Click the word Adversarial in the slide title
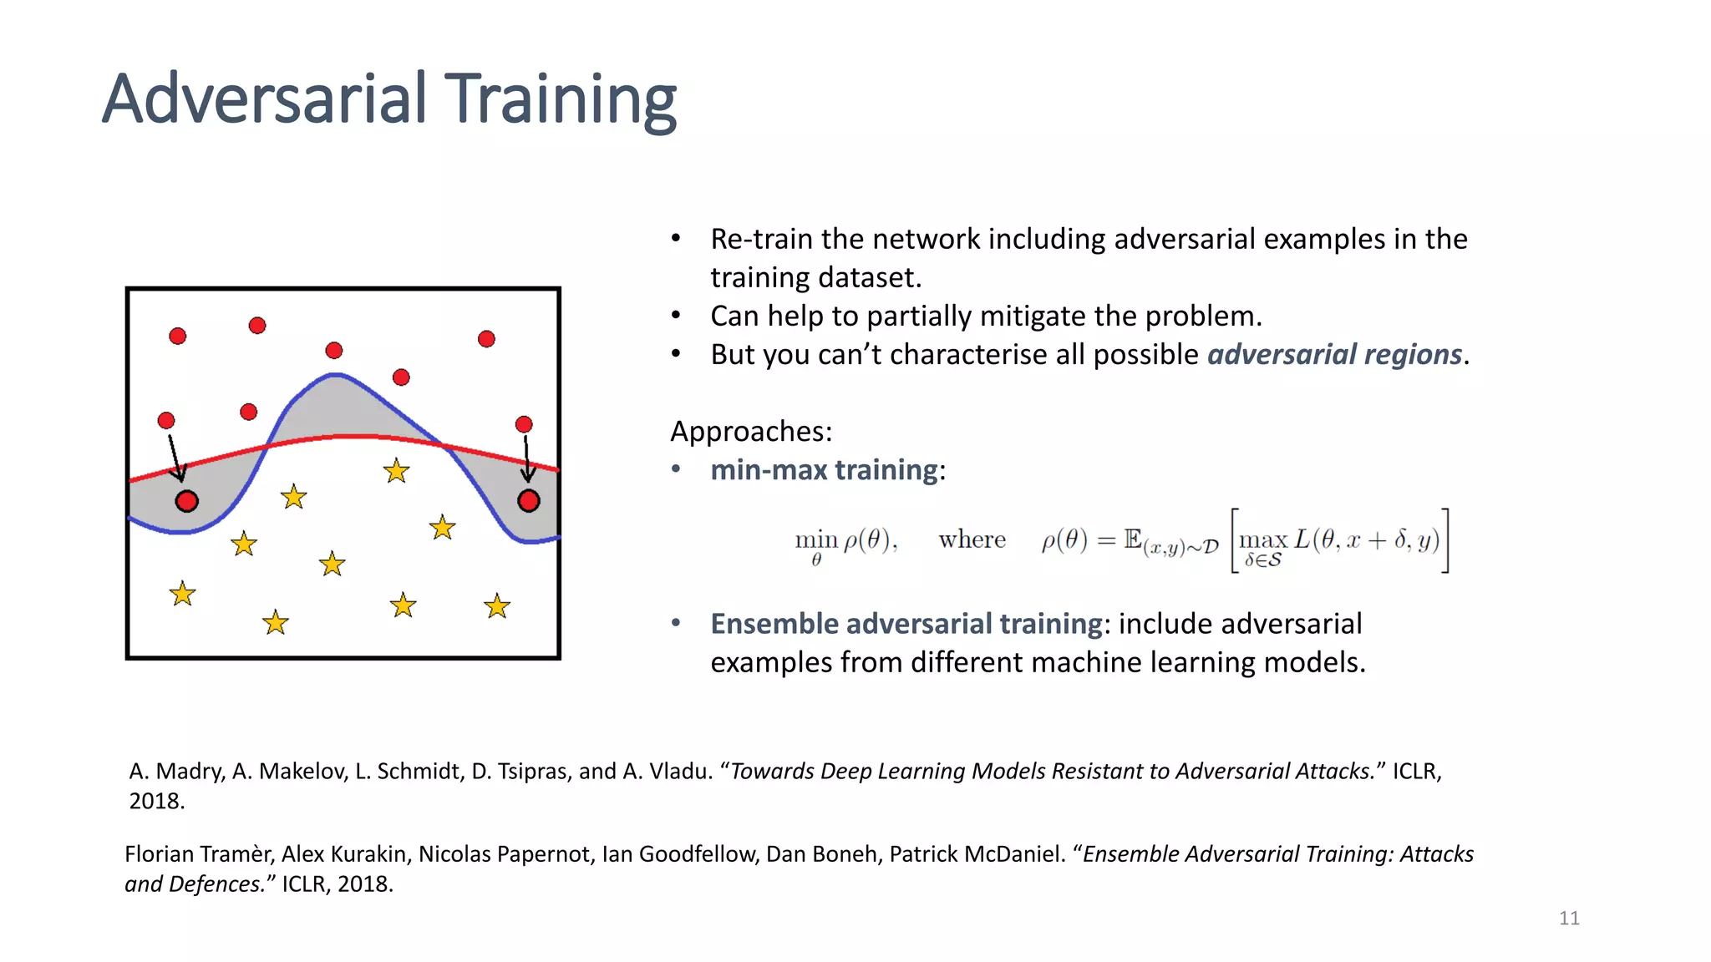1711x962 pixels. coord(265,100)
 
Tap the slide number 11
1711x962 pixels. coord(1569,919)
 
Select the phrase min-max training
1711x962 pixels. coord(824,470)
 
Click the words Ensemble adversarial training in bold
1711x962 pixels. coord(906,624)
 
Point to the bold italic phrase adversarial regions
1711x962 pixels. coord(1334,355)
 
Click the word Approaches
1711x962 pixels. coord(749,432)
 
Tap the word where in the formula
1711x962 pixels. coord(972,540)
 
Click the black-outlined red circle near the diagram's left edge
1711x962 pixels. coord(187,501)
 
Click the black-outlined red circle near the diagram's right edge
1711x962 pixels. coord(529,501)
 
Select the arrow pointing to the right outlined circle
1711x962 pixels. coord(526,459)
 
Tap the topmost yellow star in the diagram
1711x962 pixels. coord(396,471)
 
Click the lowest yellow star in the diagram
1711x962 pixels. coord(275,623)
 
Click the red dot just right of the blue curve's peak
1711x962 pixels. coord(401,377)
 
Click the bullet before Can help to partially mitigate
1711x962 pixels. coord(677,316)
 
